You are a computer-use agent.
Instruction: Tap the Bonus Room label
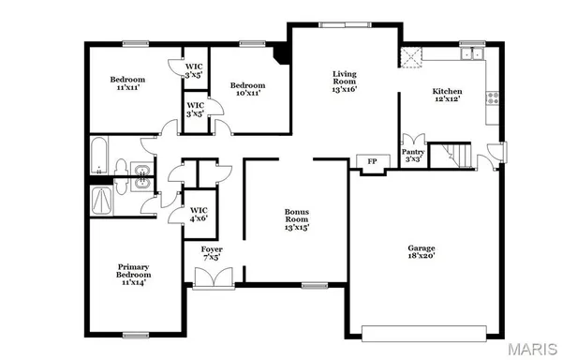point(297,219)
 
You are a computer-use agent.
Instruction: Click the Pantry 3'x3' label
point(413,155)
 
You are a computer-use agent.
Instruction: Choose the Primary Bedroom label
point(132,273)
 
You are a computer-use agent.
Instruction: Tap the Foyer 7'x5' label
point(213,252)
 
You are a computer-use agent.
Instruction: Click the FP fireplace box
point(371,162)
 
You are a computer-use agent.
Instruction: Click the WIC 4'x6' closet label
point(199,214)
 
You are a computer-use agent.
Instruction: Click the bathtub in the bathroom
point(98,157)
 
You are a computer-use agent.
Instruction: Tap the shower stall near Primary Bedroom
point(100,200)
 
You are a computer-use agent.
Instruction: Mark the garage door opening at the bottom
point(428,331)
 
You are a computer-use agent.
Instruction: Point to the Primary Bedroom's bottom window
point(136,334)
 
